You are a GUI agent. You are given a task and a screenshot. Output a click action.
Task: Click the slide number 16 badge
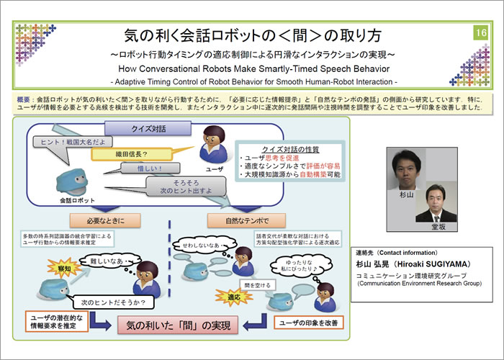(481, 34)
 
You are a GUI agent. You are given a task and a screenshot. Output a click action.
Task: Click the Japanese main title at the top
(252, 35)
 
